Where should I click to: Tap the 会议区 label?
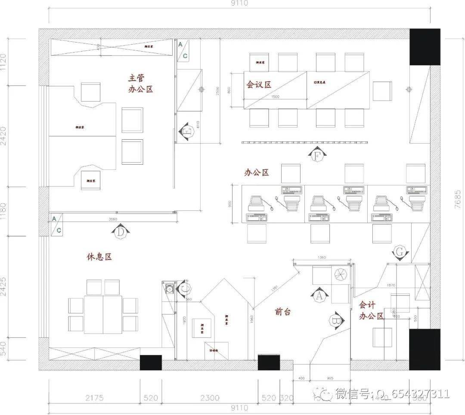pos(258,85)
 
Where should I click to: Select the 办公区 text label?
pos(257,172)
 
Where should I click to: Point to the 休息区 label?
pos(99,257)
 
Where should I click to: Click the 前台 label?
pos(283,312)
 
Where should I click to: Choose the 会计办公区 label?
pos(371,310)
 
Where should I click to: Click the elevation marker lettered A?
pos(319,295)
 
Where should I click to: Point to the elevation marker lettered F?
pos(316,155)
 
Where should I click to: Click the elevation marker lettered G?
pos(400,253)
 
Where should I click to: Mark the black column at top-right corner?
pos(424,47)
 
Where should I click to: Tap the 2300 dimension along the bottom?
pos(210,398)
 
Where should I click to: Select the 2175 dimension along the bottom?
pos(94,398)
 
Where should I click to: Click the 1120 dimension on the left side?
pos(4,62)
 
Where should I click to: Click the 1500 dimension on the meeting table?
pos(276,97)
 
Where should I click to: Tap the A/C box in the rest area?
pos(56,224)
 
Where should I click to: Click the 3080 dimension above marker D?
pos(113,219)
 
